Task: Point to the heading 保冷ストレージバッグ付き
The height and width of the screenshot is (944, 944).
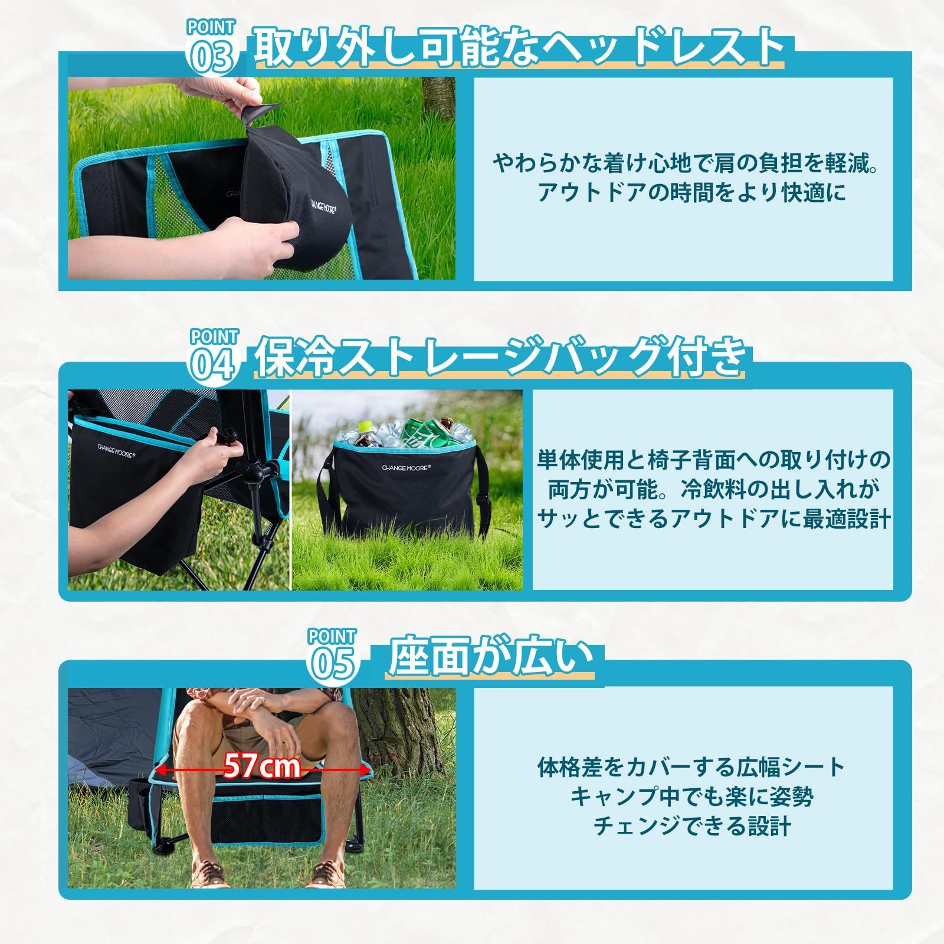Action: (x=499, y=356)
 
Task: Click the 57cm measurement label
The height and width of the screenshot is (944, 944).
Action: (x=262, y=766)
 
